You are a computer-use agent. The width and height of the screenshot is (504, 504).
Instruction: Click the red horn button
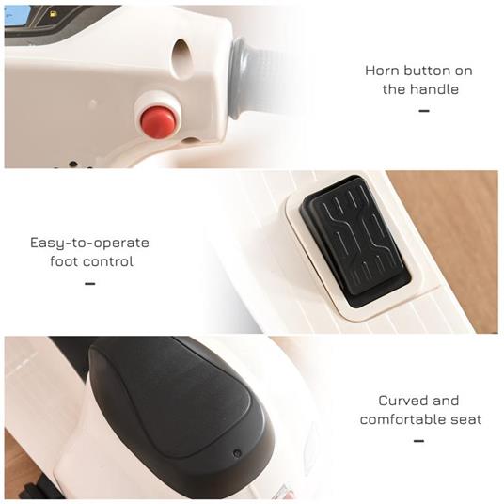click(x=158, y=120)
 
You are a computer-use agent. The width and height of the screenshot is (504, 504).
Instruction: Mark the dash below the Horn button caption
click(x=423, y=111)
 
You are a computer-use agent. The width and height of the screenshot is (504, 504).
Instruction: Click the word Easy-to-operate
click(x=89, y=243)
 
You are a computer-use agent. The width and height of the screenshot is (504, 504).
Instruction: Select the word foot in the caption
click(x=66, y=261)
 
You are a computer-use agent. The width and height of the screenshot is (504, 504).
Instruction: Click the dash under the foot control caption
click(x=89, y=283)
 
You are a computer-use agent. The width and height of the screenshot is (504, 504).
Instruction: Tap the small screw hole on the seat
click(x=236, y=452)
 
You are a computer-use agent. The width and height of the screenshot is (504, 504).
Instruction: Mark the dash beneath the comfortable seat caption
click(x=418, y=441)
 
